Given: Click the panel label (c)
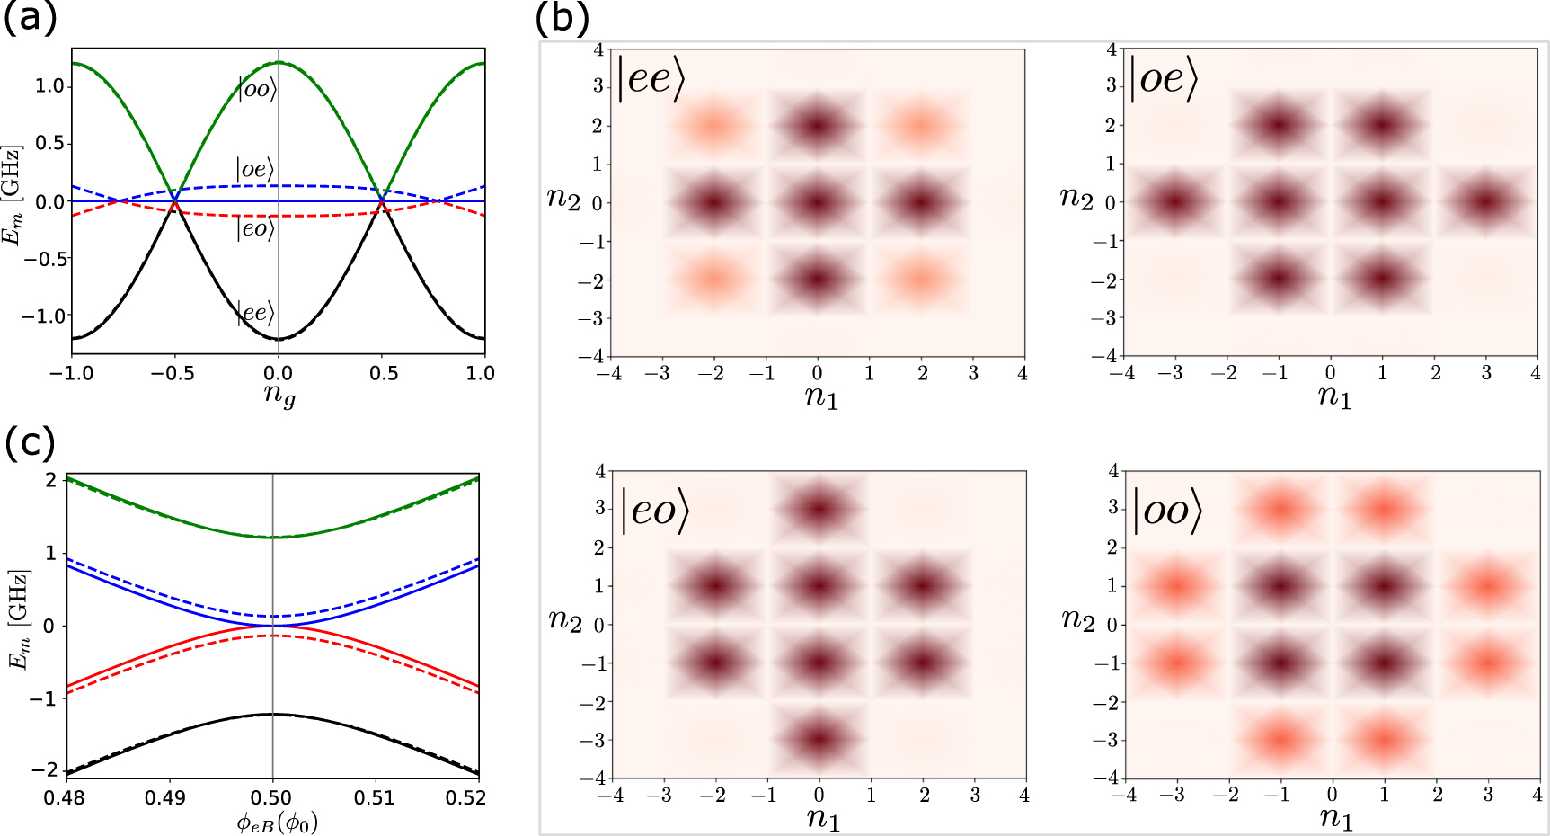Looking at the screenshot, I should [30, 443].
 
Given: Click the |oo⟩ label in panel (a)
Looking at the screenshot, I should [256, 89].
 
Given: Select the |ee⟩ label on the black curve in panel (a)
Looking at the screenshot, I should [256, 313].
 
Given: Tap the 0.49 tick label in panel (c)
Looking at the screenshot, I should [165, 797].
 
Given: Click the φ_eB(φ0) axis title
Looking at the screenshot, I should [278, 822].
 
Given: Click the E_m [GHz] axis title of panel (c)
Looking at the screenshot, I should [19, 619].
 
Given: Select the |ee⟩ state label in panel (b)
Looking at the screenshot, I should [651, 79].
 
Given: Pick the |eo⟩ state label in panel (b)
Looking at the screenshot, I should [656, 511].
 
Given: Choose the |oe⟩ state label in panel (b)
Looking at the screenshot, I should [1164, 79].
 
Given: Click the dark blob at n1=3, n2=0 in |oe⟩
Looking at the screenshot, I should [1486, 201].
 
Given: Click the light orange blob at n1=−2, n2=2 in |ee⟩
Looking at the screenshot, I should [713, 125].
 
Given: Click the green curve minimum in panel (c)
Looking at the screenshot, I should [272, 538].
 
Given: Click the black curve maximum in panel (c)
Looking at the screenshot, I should [272, 715].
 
